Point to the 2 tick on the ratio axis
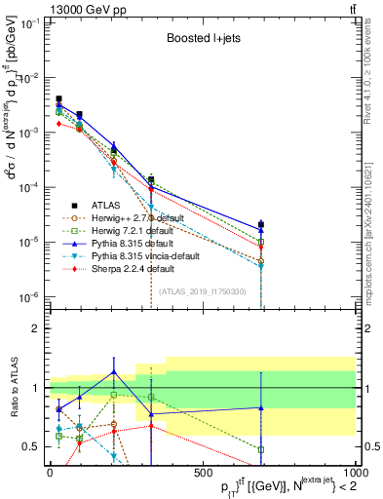(x=35, y=328)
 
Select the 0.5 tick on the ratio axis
(x=31, y=446)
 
